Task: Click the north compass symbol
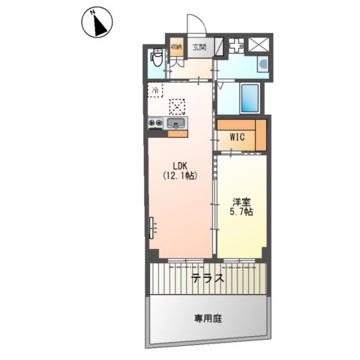click(97, 22)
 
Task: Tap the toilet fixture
click(157, 58)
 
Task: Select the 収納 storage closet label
click(176, 46)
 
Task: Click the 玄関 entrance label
click(199, 47)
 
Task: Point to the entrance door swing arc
click(201, 20)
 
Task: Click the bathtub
click(249, 97)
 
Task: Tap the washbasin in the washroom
click(263, 64)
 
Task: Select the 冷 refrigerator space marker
click(155, 90)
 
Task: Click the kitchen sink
click(177, 123)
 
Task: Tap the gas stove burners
click(155, 123)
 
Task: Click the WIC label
click(237, 137)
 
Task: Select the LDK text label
click(180, 166)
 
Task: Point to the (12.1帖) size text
click(180, 175)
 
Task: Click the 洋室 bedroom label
click(241, 202)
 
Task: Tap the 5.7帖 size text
click(241, 211)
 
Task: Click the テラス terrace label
click(208, 278)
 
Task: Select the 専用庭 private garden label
click(208, 319)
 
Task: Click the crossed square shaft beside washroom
click(259, 44)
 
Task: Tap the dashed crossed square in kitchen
click(177, 106)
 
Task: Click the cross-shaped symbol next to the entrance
click(236, 46)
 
